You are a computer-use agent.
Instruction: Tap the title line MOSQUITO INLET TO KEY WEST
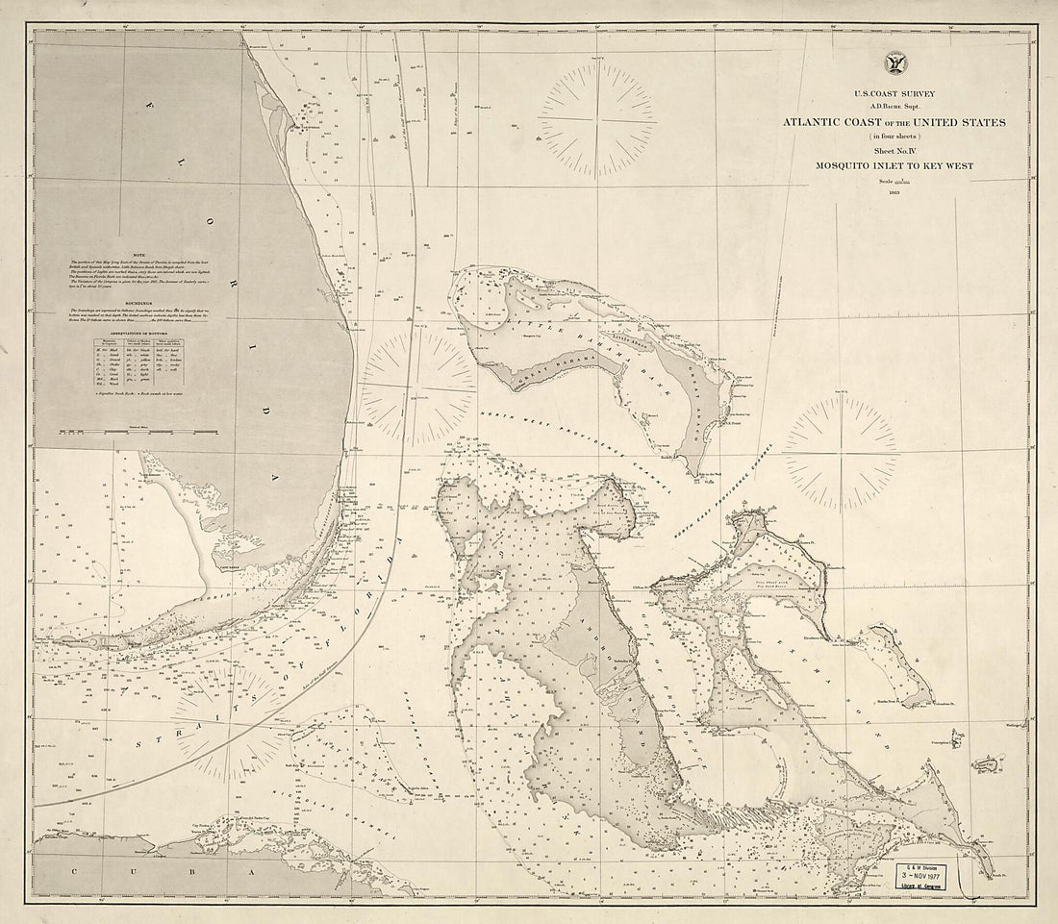(894, 166)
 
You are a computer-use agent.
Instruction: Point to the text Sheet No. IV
(894, 151)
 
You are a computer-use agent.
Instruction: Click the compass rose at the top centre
(597, 119)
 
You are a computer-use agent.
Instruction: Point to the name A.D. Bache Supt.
(894, 106)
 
